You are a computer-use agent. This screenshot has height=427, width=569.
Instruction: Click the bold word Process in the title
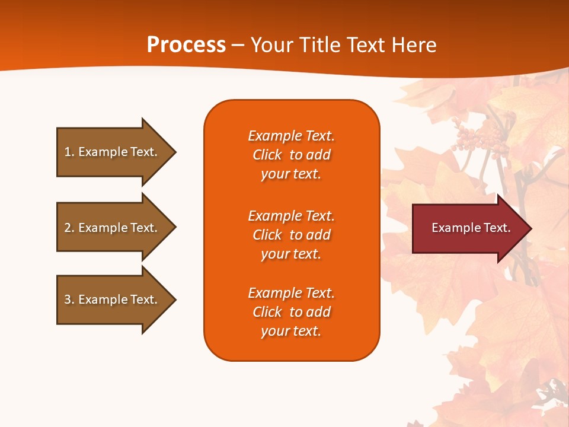pyautogui.click(x=186, y=45)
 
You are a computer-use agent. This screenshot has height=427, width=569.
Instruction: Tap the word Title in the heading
pyautogui.click(x=319, y=45)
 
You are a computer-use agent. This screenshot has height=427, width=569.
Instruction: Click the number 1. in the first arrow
pyautogui.click(x=69, y=152)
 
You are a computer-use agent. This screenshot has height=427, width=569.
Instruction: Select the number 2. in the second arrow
pyautogui.click(x=69, y=228)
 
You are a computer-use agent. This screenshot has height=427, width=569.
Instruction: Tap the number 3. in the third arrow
pyautogui.click(x=69, y=299)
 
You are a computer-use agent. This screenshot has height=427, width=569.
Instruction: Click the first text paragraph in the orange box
pyautogui.click(x=291, y=155)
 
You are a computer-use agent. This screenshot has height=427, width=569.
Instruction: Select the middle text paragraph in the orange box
pyautogui.click(x=291, y=235)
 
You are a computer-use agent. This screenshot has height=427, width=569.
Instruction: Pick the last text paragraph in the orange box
pyautogui.click(x=291, y=312)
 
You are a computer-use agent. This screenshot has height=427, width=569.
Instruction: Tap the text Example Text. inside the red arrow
pyautogui.click(x=471, y=228)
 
